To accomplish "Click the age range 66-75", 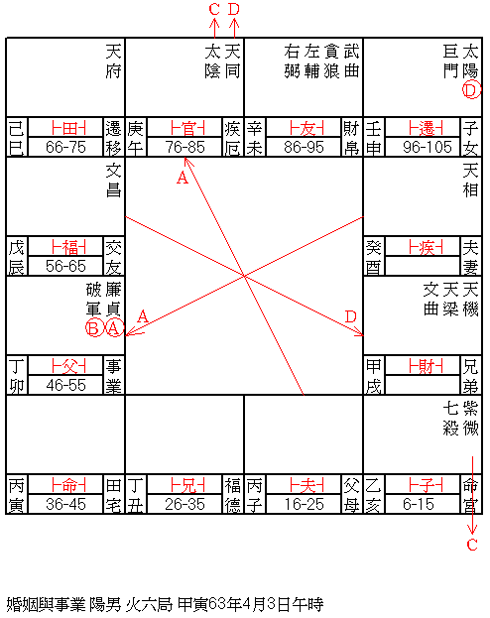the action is point(65,148).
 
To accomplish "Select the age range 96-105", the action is point(427,148).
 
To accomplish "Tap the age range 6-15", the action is point(419,504).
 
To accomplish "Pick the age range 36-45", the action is point(65,504).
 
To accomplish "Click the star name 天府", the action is point(113,62).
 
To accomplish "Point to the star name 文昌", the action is point(113,181).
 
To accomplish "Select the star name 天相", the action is point(470,181).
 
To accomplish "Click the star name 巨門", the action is point(450,62).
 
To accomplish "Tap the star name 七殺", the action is point(450,419).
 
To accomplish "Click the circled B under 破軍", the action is point(94,328).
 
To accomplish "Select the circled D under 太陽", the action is point(471,90).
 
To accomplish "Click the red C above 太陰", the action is point(214,9).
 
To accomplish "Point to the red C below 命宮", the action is point(472,545).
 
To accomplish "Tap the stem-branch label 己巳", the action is point(17,137).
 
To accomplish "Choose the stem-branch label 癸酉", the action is point(373,256).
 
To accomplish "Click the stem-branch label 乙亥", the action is point(373,494).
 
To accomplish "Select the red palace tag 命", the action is point(68,485).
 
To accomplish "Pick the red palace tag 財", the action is point(426,366).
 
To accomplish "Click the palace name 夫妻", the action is point(470,256).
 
